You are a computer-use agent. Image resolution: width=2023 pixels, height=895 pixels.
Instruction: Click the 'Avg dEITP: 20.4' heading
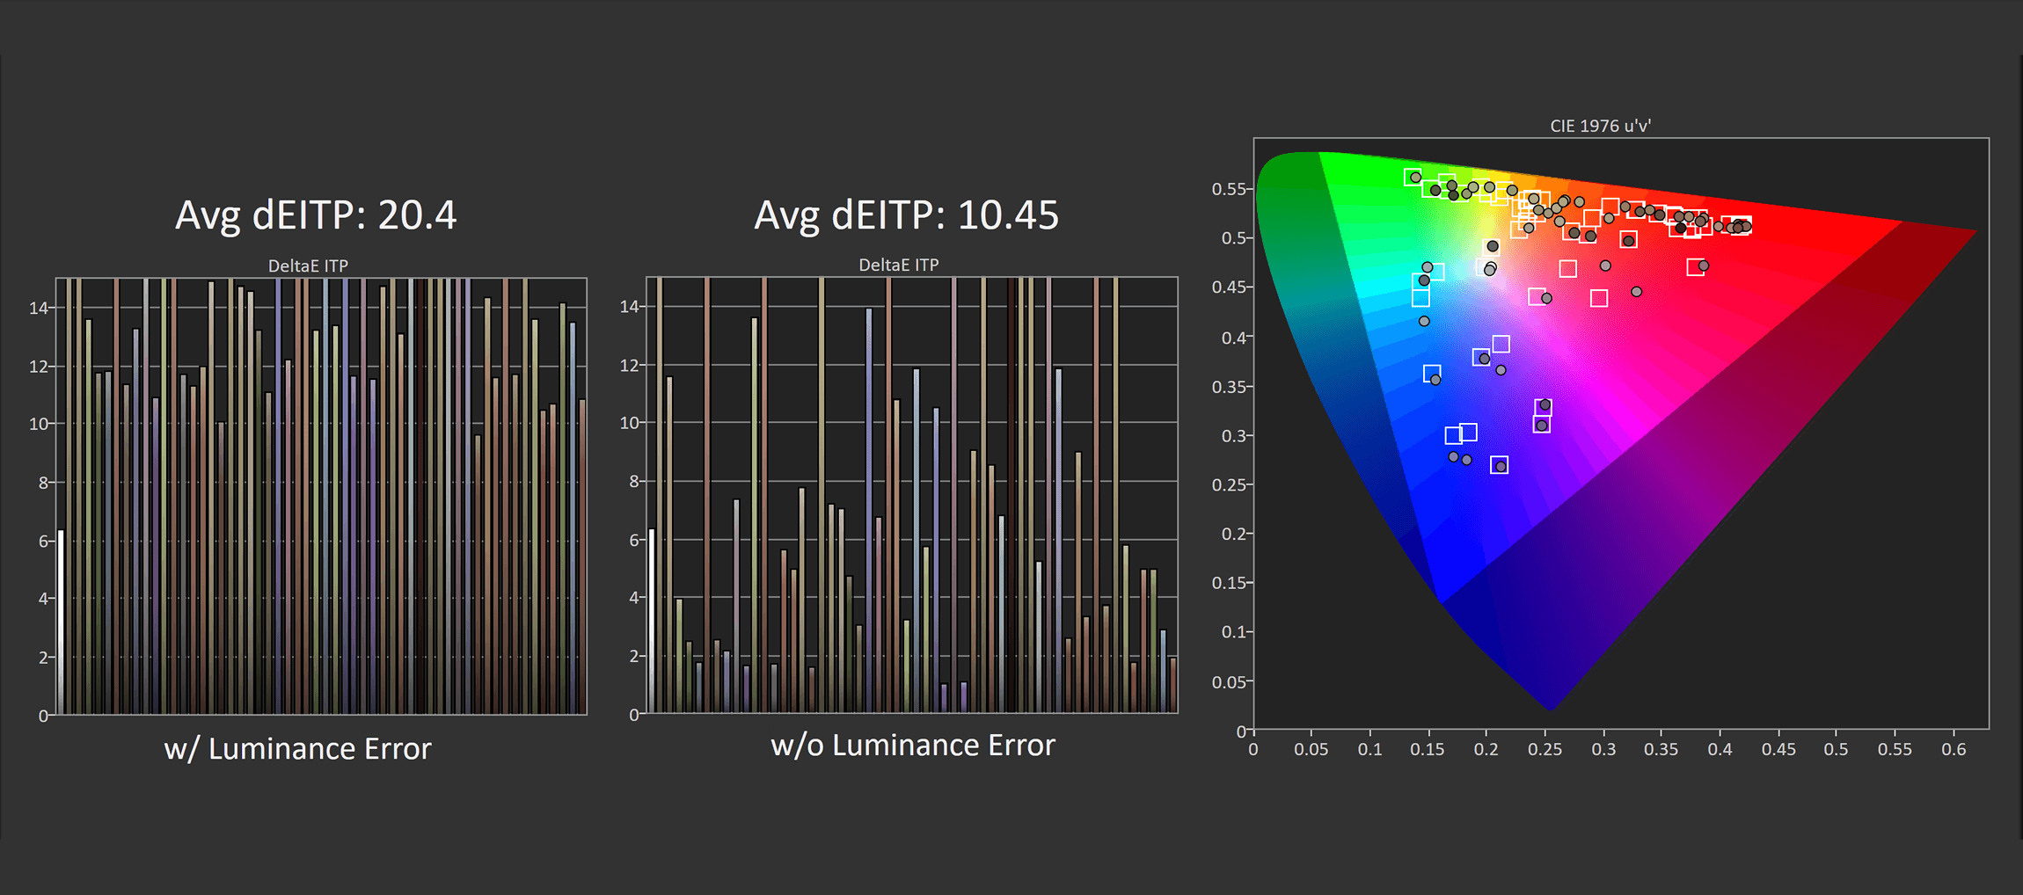(x=316, y=215)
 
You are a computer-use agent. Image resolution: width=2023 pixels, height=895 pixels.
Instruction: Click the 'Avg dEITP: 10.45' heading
(x=907, y=215)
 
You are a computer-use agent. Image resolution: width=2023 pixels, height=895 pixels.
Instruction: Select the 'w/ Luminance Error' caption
(x=297, y=749)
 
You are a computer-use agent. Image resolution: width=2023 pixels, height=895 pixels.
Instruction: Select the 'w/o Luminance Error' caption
(x=913, y=746)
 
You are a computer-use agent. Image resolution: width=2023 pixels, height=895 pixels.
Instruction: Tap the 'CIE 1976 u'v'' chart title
(x=1600, y=126)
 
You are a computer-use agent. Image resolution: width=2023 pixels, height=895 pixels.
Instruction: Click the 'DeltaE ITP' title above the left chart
(x=308, y=266)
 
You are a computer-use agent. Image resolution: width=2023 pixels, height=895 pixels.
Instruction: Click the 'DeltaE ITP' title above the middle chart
(x=899, y=265)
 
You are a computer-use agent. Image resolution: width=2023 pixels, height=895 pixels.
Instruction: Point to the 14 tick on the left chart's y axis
(x=39, y=308)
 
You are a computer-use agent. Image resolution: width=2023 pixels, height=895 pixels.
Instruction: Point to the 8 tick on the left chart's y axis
(x=43, y=483)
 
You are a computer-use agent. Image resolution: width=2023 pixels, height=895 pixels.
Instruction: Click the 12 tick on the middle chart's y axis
(x=629, y=365)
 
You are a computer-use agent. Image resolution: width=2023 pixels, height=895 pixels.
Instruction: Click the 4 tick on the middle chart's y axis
(x=634, y=598)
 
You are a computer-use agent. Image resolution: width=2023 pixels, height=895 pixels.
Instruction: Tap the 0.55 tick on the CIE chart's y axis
(x=1229, y=189)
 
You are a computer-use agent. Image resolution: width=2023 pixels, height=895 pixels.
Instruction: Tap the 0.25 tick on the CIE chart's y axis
(x=1229, y=484)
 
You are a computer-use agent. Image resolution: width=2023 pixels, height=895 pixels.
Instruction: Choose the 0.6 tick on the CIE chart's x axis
(x=1954, y=749)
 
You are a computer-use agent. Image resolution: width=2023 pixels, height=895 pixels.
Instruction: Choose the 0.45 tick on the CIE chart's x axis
(x=1778, y=749)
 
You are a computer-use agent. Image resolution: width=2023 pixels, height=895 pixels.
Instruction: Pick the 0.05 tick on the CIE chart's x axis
(x=1311, y=749)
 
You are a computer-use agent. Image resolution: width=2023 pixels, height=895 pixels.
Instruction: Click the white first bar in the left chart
(x=61, y=622)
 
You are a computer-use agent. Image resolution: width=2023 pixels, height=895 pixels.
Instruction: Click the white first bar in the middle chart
(x=652, y=621)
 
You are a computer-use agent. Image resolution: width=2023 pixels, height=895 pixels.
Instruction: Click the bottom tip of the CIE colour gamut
(x=1550, y=709)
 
